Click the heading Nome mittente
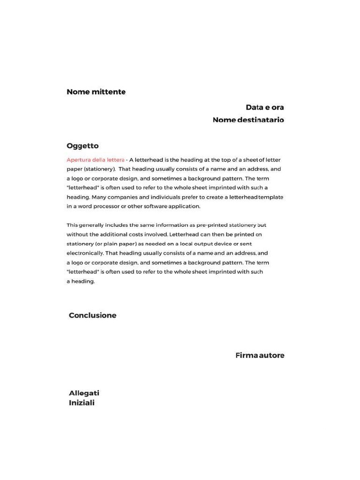pos(96,92)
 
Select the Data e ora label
pos(265,107)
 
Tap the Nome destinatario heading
pos(248,120)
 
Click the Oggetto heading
pos(82,145)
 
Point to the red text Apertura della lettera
pos(96,160)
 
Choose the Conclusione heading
pos(92,315)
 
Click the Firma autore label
pos(260,355)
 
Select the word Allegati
pos(84,393)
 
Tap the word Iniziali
pos(82,403)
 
